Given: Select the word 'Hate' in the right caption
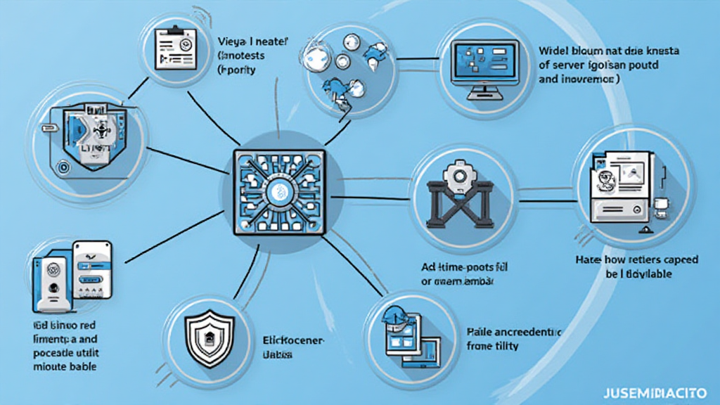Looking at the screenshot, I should point(589,260).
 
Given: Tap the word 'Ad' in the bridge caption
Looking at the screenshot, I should point(428,268).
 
